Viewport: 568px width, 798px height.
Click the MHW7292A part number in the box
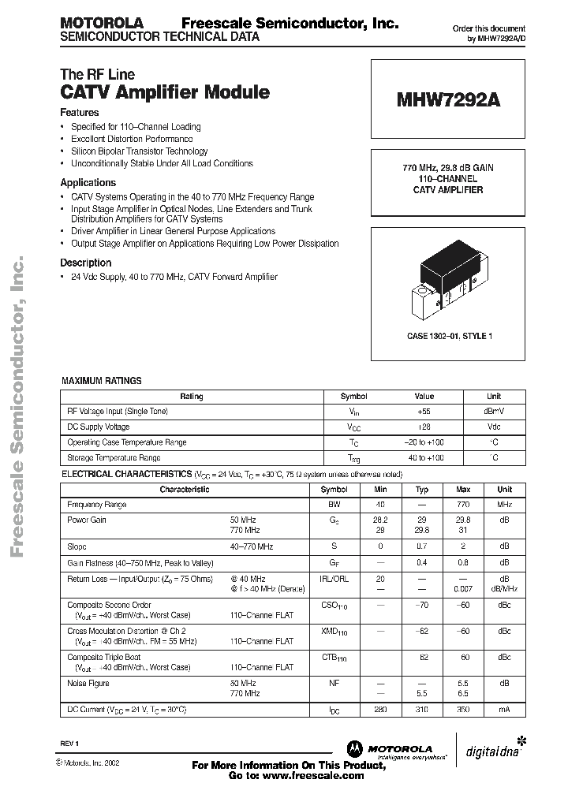coord(447,100)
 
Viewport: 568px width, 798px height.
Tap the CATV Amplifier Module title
coord(165,92)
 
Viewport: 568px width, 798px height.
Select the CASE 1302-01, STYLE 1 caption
coord(448,337)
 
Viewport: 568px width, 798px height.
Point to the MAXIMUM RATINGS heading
coord(102,381)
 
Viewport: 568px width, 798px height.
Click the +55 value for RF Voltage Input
coord(424,412)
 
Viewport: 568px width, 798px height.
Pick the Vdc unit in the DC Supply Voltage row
coord(493,427)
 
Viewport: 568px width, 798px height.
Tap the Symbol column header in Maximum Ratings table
coord(353,397)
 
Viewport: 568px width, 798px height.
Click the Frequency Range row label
coord(97,505)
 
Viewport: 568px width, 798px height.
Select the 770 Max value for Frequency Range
coord(462,505)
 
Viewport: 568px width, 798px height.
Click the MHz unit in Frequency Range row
coord(503,505)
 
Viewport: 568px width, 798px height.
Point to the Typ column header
coord(421,490)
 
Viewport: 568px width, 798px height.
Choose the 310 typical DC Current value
coord(421,710)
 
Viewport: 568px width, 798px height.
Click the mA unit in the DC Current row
coord(503,710)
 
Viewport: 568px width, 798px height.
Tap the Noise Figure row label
coord(88,684)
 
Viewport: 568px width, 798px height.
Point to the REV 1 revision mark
coord(70,744)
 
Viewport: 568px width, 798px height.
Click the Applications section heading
coord(88,182)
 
